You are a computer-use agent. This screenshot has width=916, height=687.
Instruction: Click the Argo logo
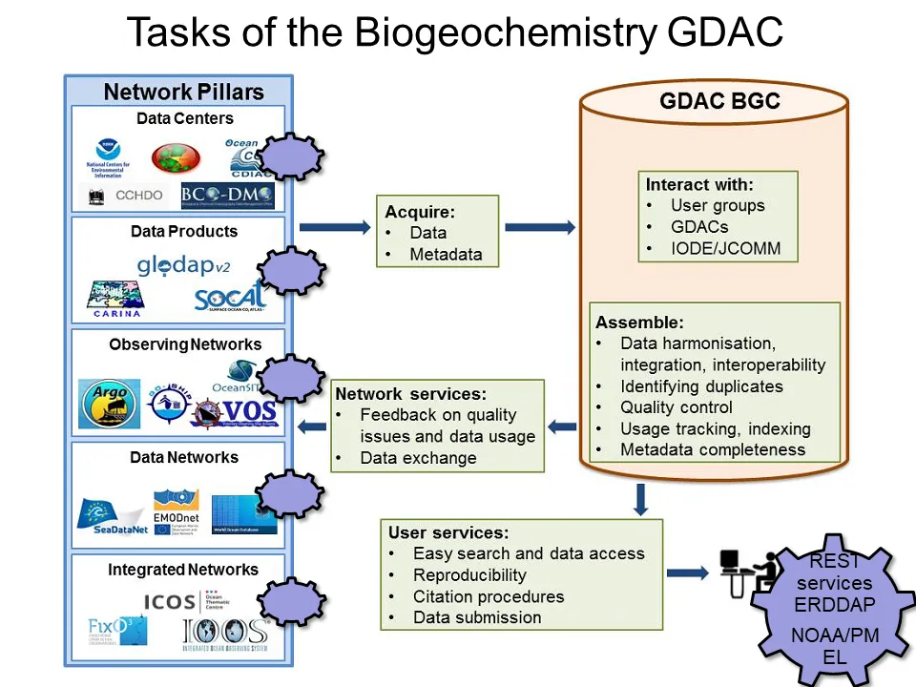(108, 405)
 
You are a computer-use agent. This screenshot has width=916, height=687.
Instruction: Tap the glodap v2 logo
(185, 264)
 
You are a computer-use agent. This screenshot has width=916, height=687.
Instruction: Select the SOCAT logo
(230, 298)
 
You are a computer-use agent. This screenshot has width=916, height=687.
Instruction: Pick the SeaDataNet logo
(113, 516)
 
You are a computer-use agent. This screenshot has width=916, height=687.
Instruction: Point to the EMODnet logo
(176, 510)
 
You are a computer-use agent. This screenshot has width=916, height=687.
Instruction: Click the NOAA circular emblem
(108, 153)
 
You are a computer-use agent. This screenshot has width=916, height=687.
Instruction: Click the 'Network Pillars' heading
(183, 93)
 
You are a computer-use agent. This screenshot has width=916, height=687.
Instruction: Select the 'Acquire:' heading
(420, 211)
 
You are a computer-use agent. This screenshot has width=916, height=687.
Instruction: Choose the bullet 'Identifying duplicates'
(701, 386)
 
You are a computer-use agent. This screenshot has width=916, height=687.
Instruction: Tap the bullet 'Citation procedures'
(489, 596)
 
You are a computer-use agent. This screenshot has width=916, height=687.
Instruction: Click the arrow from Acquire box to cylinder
(539, 227)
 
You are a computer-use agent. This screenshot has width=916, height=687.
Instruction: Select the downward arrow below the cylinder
(641, 498)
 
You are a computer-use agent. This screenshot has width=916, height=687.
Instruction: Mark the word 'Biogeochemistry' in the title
(505, 32)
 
